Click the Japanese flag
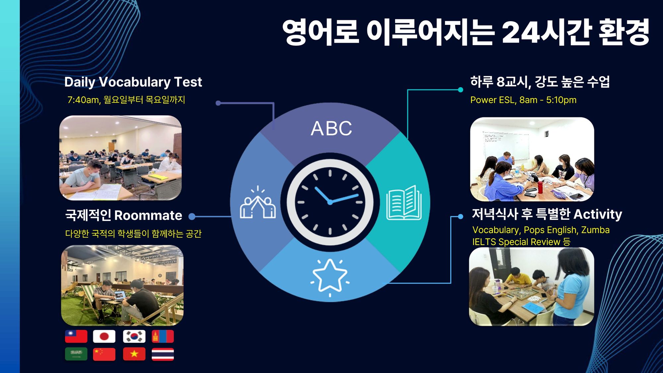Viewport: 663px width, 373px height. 104,337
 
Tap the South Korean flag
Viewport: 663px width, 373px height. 134,337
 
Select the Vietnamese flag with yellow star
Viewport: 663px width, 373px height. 134,354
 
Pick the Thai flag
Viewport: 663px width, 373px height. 163,354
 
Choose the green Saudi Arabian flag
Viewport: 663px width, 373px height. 76,354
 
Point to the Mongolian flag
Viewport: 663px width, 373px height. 163,337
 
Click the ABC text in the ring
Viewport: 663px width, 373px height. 331,129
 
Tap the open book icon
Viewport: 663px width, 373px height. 404,203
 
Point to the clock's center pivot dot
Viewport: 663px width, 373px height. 330,202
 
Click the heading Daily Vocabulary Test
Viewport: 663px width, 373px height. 133,82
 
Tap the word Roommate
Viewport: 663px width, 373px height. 148,216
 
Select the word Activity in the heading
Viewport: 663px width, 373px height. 598,215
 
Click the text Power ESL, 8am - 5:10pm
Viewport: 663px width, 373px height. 523,100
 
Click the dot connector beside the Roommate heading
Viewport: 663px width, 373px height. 192,217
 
